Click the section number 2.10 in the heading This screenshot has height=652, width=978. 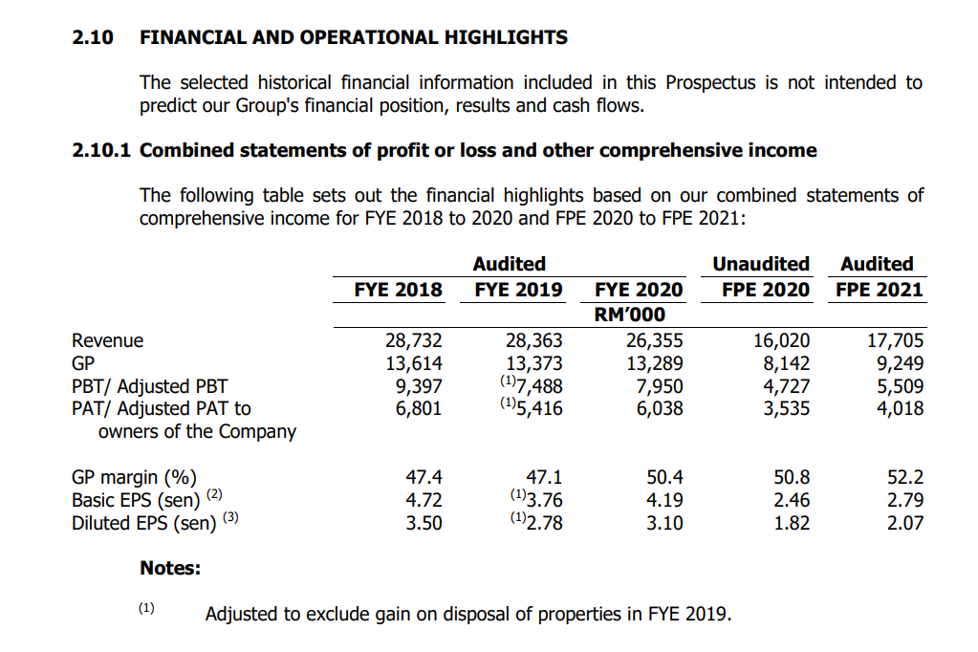(93, 37)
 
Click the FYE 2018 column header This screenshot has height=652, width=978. (398, 290)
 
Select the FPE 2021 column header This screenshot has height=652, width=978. (879, 290)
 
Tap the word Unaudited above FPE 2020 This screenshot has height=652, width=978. (761, 264)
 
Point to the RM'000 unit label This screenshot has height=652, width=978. (631, 315)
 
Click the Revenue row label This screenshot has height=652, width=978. (107, 340)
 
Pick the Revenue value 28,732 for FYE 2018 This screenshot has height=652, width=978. (413, 340)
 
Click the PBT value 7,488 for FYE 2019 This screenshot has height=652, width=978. (539, 386)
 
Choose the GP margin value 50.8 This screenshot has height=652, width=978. (792, 477)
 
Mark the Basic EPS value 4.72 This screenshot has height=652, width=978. (424, 500)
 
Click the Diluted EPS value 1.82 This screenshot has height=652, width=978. (792, 523)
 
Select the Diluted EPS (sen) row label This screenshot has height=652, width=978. (143, 523)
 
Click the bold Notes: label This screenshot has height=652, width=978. (170, 568)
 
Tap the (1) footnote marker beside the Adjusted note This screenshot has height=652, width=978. (146, 608)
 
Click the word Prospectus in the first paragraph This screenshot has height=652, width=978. (709, 82)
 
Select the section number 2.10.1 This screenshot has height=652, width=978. (102, 150)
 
